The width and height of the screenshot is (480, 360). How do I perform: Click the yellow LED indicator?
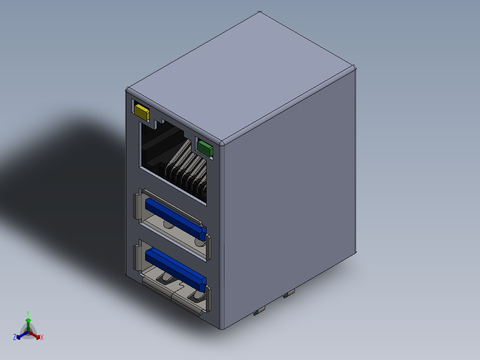(142, 112)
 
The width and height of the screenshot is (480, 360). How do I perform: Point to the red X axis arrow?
(37, 335)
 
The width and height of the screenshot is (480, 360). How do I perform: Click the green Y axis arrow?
(28, 323)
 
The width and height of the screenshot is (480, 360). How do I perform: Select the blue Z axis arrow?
(20, 336)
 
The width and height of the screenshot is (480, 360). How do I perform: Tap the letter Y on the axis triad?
(28, 313)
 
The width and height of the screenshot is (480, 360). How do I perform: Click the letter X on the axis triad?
(42, 338)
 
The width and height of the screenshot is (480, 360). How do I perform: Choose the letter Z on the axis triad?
(15, 338)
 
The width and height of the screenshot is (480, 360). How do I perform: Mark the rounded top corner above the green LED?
(223, 143)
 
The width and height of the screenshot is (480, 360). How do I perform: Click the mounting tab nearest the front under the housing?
(257, 313)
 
